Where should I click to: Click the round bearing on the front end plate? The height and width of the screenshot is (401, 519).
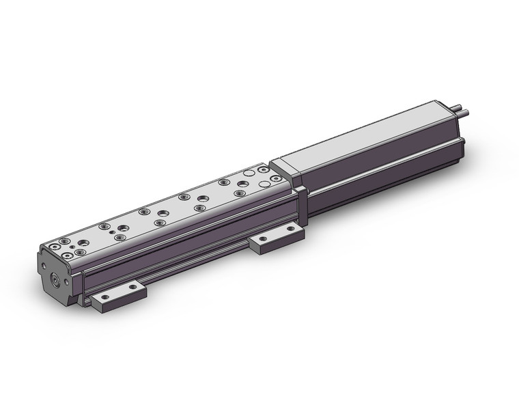point(55,280)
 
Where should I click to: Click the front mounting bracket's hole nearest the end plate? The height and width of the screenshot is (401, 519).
point(106,298)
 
